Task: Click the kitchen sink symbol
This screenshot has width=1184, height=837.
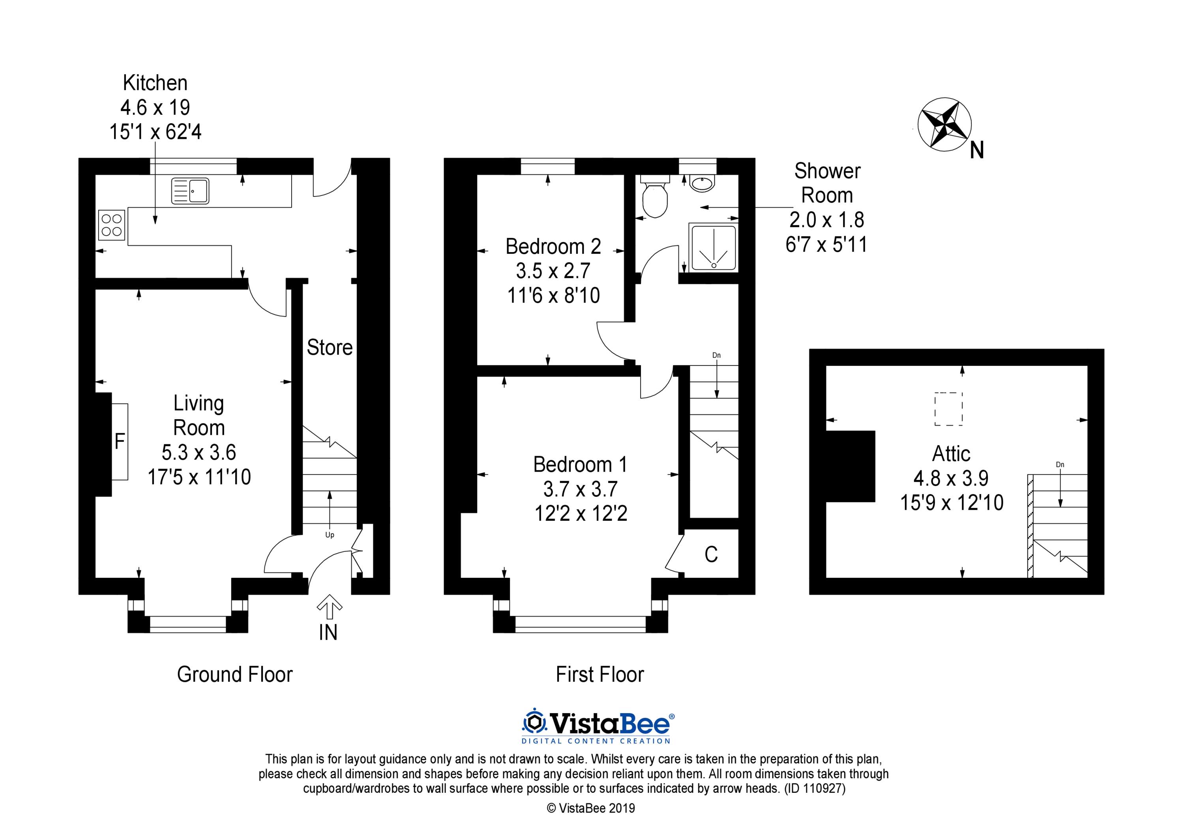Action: tap(190, 190)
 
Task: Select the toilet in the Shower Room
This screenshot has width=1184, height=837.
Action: tap(654, 197)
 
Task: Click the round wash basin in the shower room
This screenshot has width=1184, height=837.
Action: tap(702, 184)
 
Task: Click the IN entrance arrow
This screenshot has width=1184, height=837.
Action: tap(329, 607)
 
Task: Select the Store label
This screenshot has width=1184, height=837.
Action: tap(330, 348)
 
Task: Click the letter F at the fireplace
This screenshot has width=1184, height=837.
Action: tap(120, 442)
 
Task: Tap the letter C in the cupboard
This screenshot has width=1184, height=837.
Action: tap(711, 554)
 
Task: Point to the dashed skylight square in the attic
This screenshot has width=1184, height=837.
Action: tap(948, 409)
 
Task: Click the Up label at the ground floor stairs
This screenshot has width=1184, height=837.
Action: tap(330, 535)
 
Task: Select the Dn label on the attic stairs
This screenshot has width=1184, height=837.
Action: tap(1060, 464)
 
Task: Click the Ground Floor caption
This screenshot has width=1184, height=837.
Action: tap(235, 674)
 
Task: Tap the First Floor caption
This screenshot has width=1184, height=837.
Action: tap(600, 674)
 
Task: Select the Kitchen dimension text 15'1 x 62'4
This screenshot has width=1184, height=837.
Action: tap(155, 132)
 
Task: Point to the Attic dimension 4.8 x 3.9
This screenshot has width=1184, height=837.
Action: tap(951, 478)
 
